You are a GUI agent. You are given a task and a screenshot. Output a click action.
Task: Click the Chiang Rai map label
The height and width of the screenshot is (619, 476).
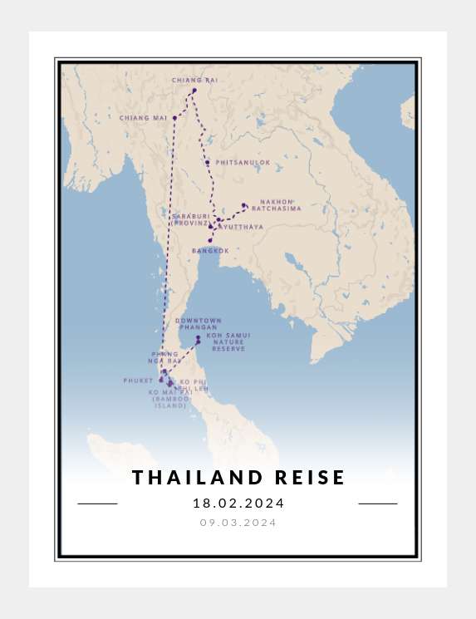194,80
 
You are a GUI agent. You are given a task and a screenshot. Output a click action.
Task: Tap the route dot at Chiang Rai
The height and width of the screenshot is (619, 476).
194,91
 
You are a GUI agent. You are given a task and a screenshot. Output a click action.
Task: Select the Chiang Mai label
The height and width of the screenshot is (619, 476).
143,118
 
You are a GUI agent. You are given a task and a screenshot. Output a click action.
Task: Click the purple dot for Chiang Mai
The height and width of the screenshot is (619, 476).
174,118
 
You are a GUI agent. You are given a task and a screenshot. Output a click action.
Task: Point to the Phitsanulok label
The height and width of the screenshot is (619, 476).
243,163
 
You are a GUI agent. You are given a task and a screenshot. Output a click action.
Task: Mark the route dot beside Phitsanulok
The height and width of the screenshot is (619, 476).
207,162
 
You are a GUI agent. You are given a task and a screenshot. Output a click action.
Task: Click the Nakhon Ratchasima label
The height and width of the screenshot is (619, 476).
277,205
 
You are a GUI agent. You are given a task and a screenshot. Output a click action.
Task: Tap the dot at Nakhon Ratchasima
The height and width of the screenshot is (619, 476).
243,205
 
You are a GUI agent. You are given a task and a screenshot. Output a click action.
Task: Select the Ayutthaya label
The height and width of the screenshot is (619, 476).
242,227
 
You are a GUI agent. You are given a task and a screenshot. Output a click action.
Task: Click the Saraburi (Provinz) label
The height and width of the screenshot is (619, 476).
191,219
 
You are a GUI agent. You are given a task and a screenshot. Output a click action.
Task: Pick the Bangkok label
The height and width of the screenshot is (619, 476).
210,250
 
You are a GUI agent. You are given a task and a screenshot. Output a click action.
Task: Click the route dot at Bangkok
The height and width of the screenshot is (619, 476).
210,240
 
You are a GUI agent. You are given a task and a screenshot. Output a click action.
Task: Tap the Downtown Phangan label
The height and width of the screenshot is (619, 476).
199,324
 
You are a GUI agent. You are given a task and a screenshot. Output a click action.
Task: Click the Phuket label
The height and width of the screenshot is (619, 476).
138,381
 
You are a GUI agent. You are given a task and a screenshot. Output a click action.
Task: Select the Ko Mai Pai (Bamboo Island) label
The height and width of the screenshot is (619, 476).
171,399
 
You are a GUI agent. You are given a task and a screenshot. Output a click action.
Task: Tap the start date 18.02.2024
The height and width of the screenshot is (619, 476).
238,504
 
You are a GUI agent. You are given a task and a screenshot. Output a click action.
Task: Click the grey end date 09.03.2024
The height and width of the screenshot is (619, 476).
238,523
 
